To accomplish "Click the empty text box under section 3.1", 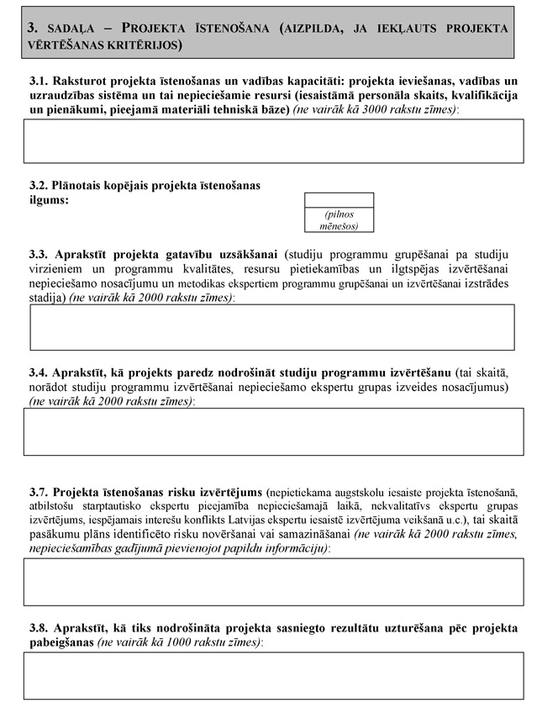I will coord(273,140).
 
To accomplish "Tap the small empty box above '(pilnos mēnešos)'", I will coord(339,200).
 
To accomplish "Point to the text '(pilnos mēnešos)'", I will coord(339,220).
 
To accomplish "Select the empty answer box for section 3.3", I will coord(272,326).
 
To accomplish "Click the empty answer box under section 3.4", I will coord(273,431).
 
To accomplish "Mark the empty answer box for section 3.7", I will coord(273,581).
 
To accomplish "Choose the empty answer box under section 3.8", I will coord(273,675).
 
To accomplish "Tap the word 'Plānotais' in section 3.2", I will coord(82,186).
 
